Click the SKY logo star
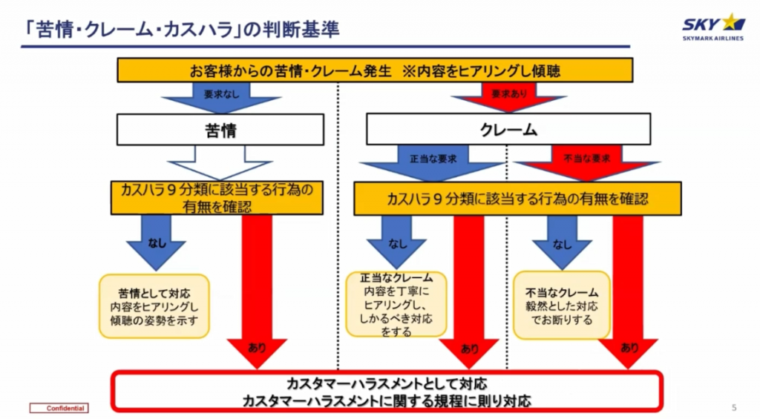733,23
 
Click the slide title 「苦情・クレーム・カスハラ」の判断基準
183,30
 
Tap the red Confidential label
59,409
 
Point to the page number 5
734,408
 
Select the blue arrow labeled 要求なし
221,97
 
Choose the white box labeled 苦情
220,130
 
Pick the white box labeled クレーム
508,129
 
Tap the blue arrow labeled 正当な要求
433,162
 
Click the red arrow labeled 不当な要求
586,162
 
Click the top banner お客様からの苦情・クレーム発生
375,70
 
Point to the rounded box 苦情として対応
154,306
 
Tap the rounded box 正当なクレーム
396,304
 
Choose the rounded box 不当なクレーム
562,306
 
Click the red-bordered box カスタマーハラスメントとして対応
387,392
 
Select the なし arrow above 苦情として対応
156,243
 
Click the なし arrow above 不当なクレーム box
563,243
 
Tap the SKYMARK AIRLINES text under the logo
713,39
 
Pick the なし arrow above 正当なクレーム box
396,243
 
